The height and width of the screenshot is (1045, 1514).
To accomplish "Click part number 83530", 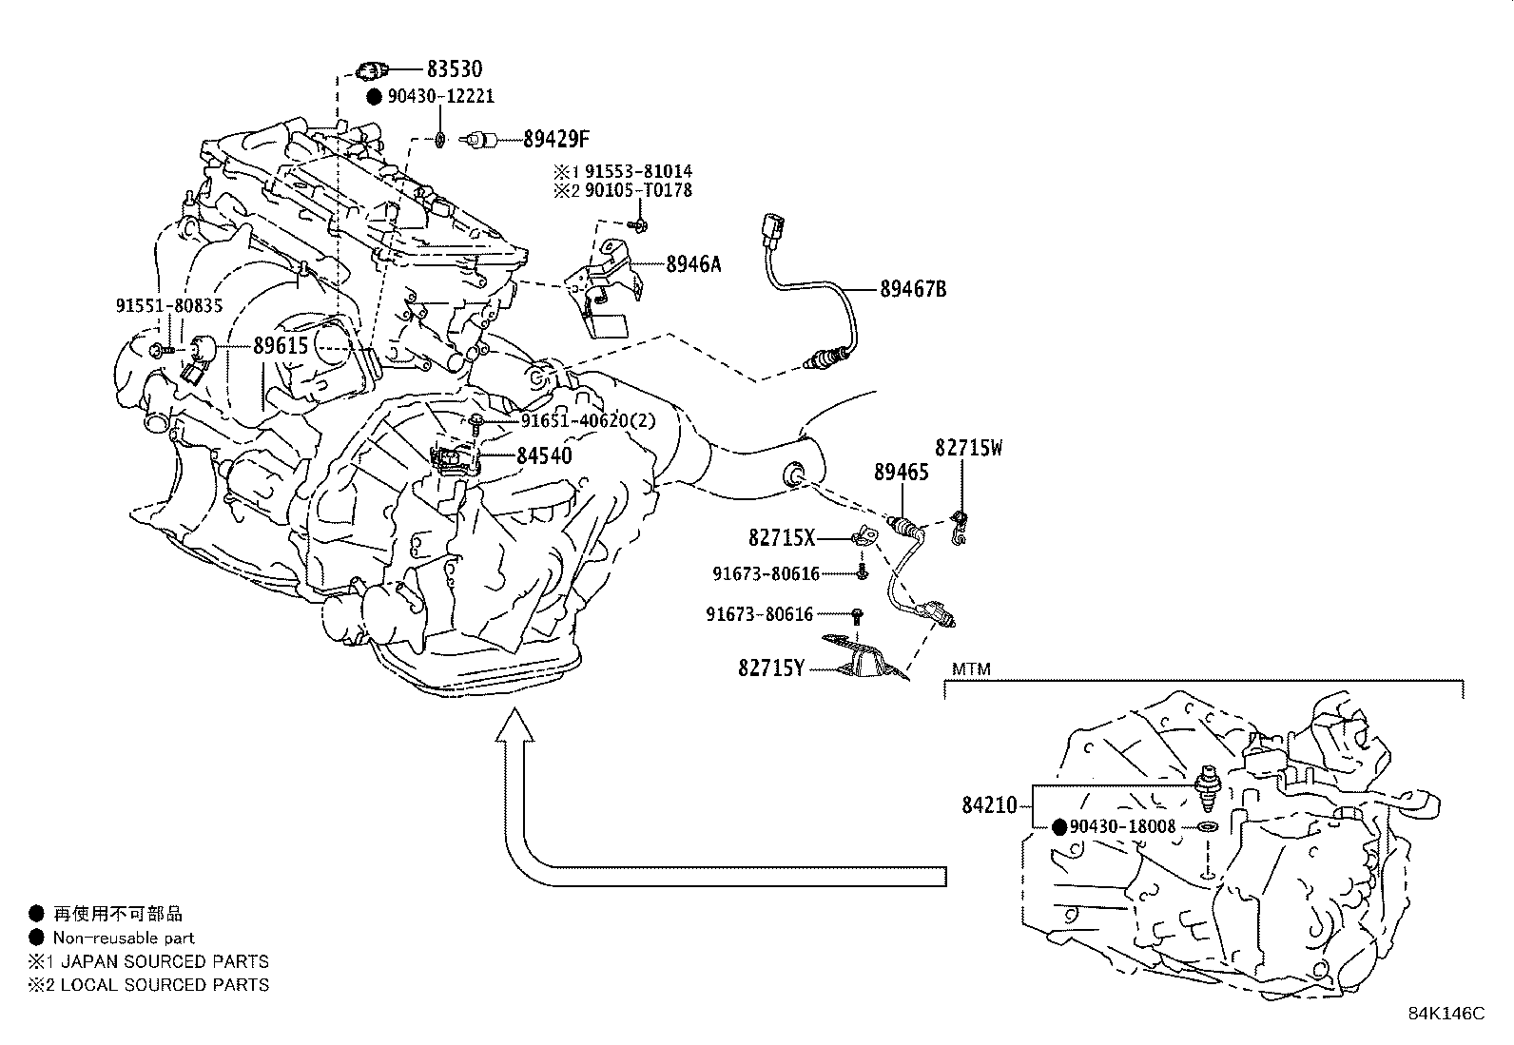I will [454, 68].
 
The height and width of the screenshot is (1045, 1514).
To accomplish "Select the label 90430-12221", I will [440, 97].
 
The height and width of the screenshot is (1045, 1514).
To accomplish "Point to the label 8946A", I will [692, 264].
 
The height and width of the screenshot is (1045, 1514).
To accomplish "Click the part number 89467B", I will [912, 289].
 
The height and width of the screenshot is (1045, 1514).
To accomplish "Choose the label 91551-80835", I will [169, 305].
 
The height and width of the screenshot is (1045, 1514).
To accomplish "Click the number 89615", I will [281, 346].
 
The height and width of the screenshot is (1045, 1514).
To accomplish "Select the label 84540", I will [544, 456].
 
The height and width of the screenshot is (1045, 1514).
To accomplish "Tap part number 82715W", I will [968, 448].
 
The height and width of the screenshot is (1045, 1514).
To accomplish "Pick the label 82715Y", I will [770, 668].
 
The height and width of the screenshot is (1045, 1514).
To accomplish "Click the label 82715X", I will [782, 538].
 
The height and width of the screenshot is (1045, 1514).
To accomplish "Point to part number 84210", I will [989, 807].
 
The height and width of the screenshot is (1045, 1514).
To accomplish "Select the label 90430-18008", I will [1122, 827].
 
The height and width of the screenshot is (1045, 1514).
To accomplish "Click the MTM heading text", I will [971, 669].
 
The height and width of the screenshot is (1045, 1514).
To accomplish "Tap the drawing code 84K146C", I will [1446, 1014].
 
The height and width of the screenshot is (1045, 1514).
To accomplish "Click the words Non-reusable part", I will [124, 938].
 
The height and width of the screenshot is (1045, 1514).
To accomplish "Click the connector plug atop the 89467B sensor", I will [771, 232].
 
